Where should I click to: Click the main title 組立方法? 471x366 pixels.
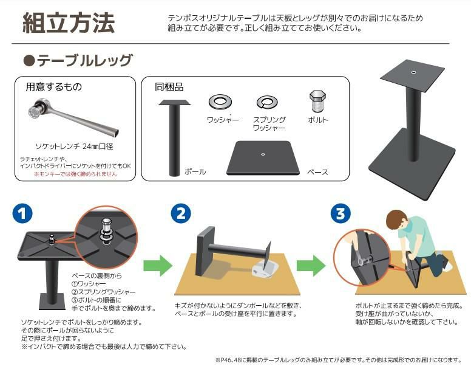(69, 23)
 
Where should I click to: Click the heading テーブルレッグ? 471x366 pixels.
(84, 61)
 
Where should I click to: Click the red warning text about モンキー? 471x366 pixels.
(75, 174)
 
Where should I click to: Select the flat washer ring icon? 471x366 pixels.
(220, 102)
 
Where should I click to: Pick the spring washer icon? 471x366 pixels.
(267, 102)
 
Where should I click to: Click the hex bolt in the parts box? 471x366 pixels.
(317, 101)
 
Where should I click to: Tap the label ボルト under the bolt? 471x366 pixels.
(318, 120)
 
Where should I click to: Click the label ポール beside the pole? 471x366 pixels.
(195, 172)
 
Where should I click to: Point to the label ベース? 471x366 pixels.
(317, 172)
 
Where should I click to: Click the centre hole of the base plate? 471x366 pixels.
(263, 154)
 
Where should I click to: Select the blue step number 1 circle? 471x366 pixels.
(22, 213)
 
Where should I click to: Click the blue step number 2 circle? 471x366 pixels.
(180, 213)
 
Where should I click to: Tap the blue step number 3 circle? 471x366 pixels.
(341, 213)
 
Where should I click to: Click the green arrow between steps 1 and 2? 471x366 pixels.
(158, 266)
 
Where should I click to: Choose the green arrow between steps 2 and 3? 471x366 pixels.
(311, 266)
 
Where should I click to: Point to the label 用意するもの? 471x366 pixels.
(54, 87)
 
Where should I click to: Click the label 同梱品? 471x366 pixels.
(169, 87)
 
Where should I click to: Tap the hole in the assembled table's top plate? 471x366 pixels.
(413, 72)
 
